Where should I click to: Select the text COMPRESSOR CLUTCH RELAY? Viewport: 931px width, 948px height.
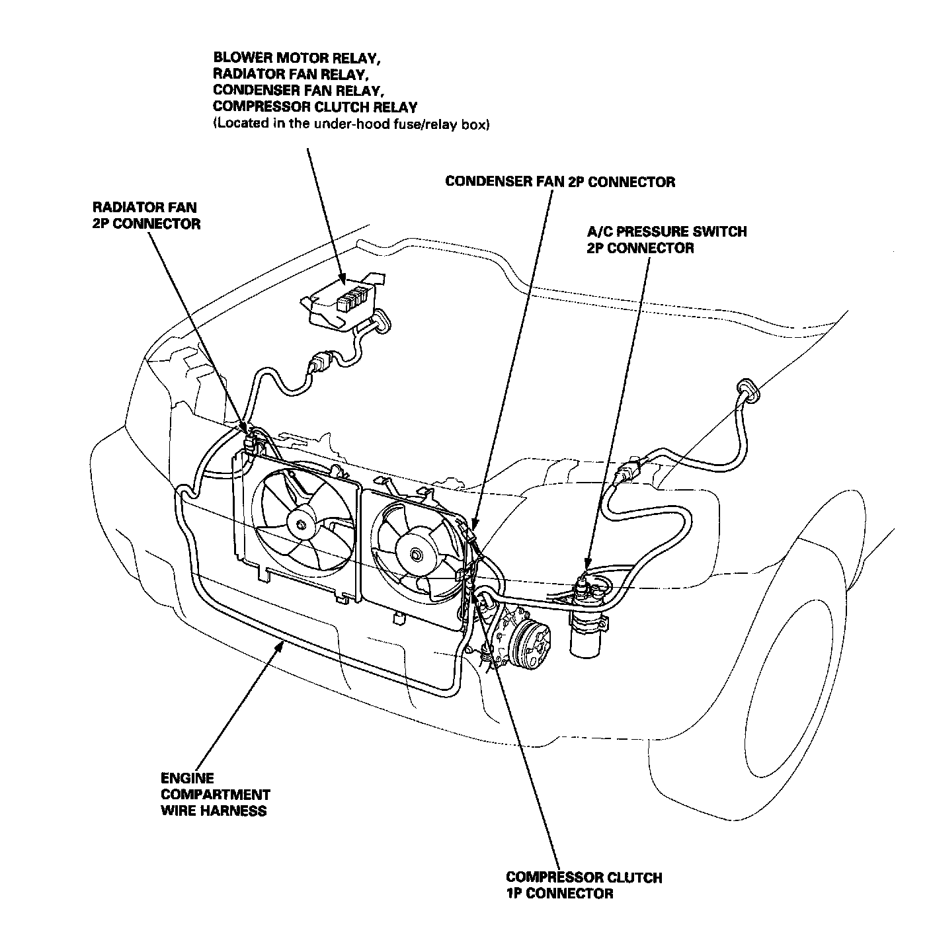point(315,106)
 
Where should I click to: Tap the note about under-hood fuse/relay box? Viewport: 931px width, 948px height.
point(351,124)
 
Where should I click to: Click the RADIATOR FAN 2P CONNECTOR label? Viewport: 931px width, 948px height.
point(145,216)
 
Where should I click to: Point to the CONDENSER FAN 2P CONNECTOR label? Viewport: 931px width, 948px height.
point(560,182)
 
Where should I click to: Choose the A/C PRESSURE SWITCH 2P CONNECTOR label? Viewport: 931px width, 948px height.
point(667,240)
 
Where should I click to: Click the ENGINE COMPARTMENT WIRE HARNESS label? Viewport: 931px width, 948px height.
point(215,794)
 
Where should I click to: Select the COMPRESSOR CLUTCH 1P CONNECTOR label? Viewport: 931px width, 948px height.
point(584,885)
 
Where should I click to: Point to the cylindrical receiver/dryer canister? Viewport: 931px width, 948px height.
point(587,633)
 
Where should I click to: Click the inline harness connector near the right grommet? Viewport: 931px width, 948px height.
point(629,471)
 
